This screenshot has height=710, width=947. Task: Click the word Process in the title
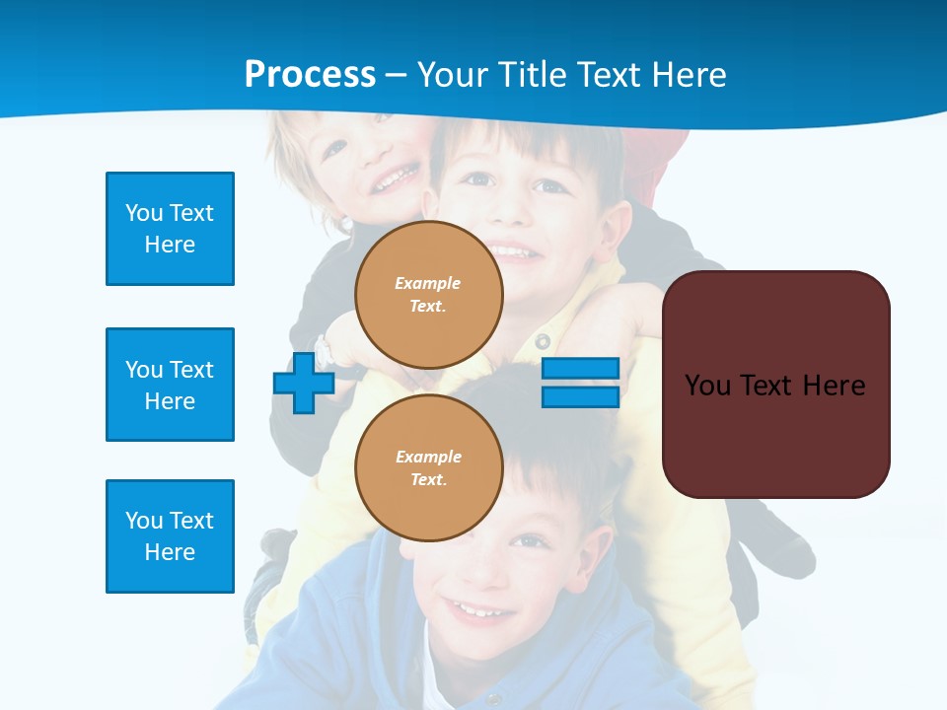pyautogui.click(x=310, y=75)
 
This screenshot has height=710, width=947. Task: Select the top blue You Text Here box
pyautogui.click(x=170, y=229)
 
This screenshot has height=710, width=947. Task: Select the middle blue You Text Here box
pyautogui.click(x=170, y=385)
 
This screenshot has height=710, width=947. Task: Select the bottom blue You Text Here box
pyautogui.click(x=170, y=536)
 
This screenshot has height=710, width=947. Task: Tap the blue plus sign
pyautogui.click(x=304, y=383)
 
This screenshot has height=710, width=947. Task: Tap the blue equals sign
pyautogui.click(x=580, y=383)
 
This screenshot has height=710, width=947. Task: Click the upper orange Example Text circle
pyautogui.click(x=429, y=295)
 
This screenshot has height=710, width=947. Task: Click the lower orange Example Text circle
pyautogui.click(x=429, y=468)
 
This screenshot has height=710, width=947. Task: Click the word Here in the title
pyautogui.click(x=690, y=75)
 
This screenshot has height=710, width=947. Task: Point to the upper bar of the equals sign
pyautogui.click(x=580, y=369)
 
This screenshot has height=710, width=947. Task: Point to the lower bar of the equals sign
pyautogui.click(x=580, y=396)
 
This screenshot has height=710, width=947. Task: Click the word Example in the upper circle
pyautogui.click(x=428, y=284)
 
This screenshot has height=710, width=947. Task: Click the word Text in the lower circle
pyautogui.click(x=427, y=480)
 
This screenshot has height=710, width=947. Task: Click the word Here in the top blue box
pyautogui.click(x=170, y=245)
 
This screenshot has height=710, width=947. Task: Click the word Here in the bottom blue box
pyautogui.click(x=170, y=552)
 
